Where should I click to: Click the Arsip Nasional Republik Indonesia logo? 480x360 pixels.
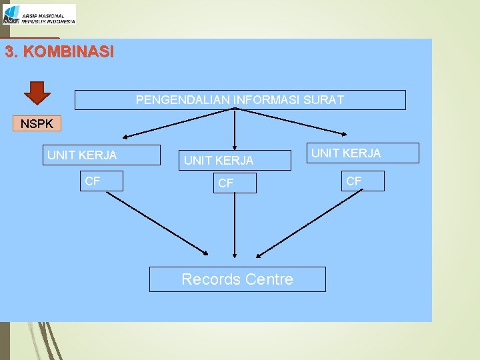39,15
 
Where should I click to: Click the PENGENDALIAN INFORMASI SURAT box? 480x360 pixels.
239,100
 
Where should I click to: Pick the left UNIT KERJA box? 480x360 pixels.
102,155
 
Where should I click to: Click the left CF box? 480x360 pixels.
101,181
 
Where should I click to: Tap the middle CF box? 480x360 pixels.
235,183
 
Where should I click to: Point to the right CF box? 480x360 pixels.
363,181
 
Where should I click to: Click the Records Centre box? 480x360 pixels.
237,279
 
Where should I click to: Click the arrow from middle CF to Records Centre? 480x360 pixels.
235,224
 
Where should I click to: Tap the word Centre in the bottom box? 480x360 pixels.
268,279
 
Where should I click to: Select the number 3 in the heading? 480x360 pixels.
9,51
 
